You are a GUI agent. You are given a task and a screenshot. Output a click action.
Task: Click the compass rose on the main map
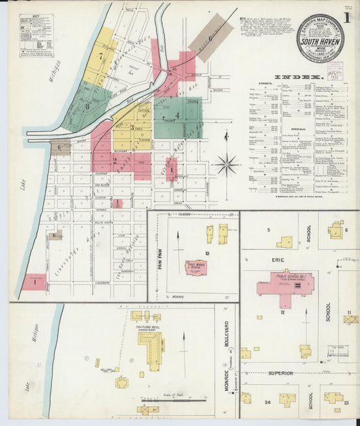point(227,163)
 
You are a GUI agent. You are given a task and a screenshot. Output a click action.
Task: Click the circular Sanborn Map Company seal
point(319,38)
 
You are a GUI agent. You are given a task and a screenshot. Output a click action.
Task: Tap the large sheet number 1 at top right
point(346,18)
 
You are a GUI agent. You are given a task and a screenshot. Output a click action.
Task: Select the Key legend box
point(36,34)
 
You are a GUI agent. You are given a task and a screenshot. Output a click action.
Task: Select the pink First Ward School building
point(196,267)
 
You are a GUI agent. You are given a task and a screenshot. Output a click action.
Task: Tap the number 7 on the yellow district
point(101,55)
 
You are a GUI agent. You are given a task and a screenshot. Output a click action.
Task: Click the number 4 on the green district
point(177,115)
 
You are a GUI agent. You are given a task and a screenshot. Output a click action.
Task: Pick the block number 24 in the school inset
point(267,402)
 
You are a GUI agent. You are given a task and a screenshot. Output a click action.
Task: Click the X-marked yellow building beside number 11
point(351,319)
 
